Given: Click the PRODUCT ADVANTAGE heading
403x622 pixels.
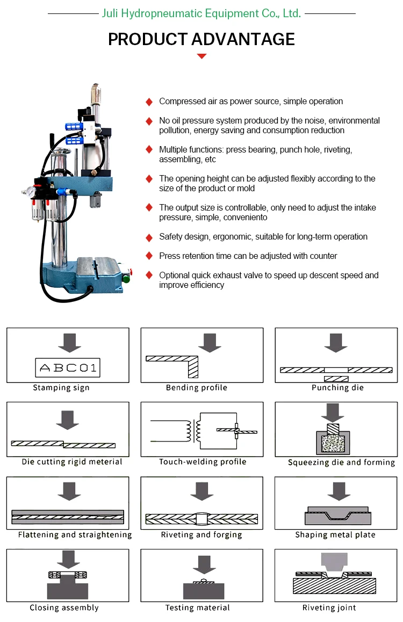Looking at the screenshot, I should (201, 39).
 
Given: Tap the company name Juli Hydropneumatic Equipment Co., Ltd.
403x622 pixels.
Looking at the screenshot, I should (201, 13).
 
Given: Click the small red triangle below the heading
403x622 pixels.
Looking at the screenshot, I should (201, 56).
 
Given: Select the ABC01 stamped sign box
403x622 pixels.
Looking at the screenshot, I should (68, 367).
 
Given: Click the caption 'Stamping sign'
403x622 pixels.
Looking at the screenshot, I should (61, 388).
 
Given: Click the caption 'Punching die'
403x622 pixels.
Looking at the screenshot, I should (337, 388).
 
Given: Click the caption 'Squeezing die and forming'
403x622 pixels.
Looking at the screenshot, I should (341, 462).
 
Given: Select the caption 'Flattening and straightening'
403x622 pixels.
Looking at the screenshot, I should (75, 535).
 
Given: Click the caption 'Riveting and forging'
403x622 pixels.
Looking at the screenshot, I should (201, 535).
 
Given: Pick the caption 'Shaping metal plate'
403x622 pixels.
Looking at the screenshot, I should (335, 535).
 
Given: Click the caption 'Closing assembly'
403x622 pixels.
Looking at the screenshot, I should (64, 608).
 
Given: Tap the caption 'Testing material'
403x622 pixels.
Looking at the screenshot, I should (197, 608).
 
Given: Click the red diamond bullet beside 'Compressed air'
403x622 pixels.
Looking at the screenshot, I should (149, 102).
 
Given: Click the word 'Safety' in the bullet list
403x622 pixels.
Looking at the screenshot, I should (171, 237).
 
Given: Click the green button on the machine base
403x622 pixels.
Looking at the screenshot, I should (127, 278).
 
